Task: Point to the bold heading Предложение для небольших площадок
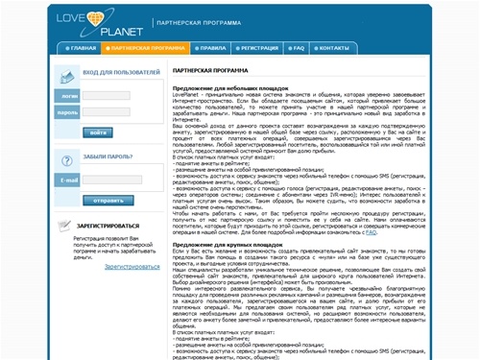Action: click(x=228, y=89)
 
